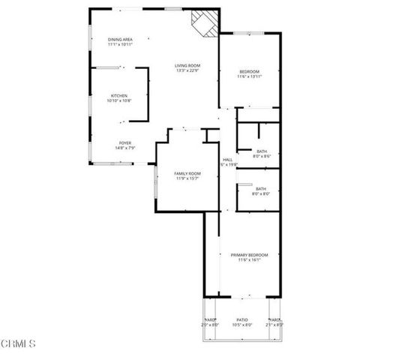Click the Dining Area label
[120, 40]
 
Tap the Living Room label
[187, 66]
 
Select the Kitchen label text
[119, 95]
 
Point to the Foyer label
[125, 143]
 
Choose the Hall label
[227, 159]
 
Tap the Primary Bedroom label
[248, 256]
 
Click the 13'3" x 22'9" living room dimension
[187, 71]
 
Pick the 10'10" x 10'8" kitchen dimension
[119, 100]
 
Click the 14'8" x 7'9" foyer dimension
[125, 148]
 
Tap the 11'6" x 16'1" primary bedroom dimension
[248, 261]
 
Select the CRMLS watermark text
[18, 344]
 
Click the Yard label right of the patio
[275, 319]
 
